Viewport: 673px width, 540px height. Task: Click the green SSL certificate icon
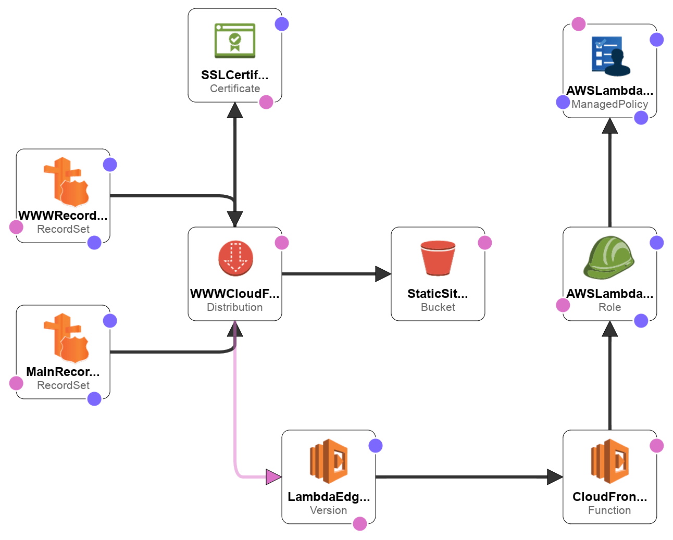pos(235,41)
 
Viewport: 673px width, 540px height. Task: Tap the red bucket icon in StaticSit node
pos(438,258)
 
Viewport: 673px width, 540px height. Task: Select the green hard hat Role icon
pos(609,258)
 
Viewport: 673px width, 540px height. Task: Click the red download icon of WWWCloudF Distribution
pos(235,258)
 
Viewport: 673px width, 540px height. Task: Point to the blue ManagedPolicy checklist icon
pos(610,56)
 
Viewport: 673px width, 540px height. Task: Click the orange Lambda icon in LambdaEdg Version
pos(329,461)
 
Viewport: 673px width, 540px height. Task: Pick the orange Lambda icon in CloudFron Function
pos(610,461)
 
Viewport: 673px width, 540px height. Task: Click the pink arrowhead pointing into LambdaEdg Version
pos(273,476)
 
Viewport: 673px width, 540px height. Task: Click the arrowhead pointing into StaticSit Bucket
pos(383,274)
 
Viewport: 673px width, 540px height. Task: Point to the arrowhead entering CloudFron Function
pos(555,476)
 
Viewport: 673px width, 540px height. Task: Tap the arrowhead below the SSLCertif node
pos(235,110)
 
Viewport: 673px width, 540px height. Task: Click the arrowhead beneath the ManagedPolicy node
pos(610,125)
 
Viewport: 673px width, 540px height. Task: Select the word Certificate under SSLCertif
pos(235,89)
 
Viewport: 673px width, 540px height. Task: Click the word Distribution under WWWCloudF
pos(235,307)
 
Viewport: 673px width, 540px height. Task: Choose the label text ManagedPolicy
pos(610,104)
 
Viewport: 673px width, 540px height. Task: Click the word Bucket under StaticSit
pos(438,307)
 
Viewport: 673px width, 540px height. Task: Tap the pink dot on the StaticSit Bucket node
pos(485,243)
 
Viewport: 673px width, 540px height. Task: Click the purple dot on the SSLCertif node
pos(282,24)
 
